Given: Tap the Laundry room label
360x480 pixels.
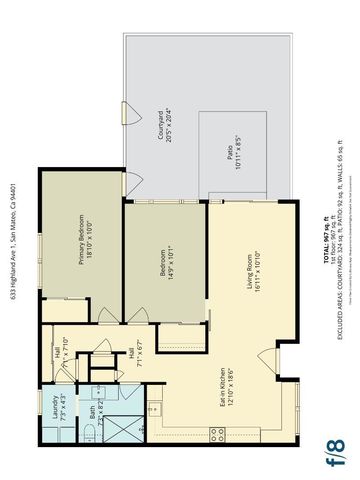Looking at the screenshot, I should pyautogui.click(x=58, y=412).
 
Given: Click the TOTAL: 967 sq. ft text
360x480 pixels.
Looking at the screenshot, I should pyautogui.click(x=325, y=240).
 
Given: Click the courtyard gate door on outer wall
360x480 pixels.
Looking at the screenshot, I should pyautogui.click(x=124, y=110).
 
